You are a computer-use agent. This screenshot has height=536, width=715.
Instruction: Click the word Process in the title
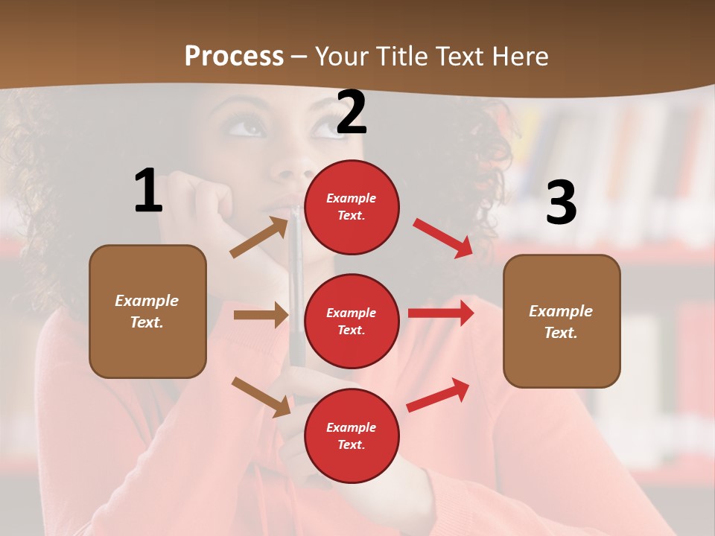point(234,56)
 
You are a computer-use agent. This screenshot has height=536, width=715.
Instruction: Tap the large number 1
point(148,191)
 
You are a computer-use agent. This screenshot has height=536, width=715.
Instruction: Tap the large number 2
point(352,113)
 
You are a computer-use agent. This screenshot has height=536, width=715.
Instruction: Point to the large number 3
point(561,203)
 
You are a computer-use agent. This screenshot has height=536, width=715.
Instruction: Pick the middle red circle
point(352,321)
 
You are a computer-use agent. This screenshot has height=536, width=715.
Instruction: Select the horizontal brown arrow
point(261,315)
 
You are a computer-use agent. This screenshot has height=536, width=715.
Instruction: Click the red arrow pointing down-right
point(442,237)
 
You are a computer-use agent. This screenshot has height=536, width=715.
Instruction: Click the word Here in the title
point(519,56)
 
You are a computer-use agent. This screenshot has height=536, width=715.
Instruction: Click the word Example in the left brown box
point(147,301)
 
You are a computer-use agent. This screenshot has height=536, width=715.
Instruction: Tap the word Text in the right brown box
point(560,333)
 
